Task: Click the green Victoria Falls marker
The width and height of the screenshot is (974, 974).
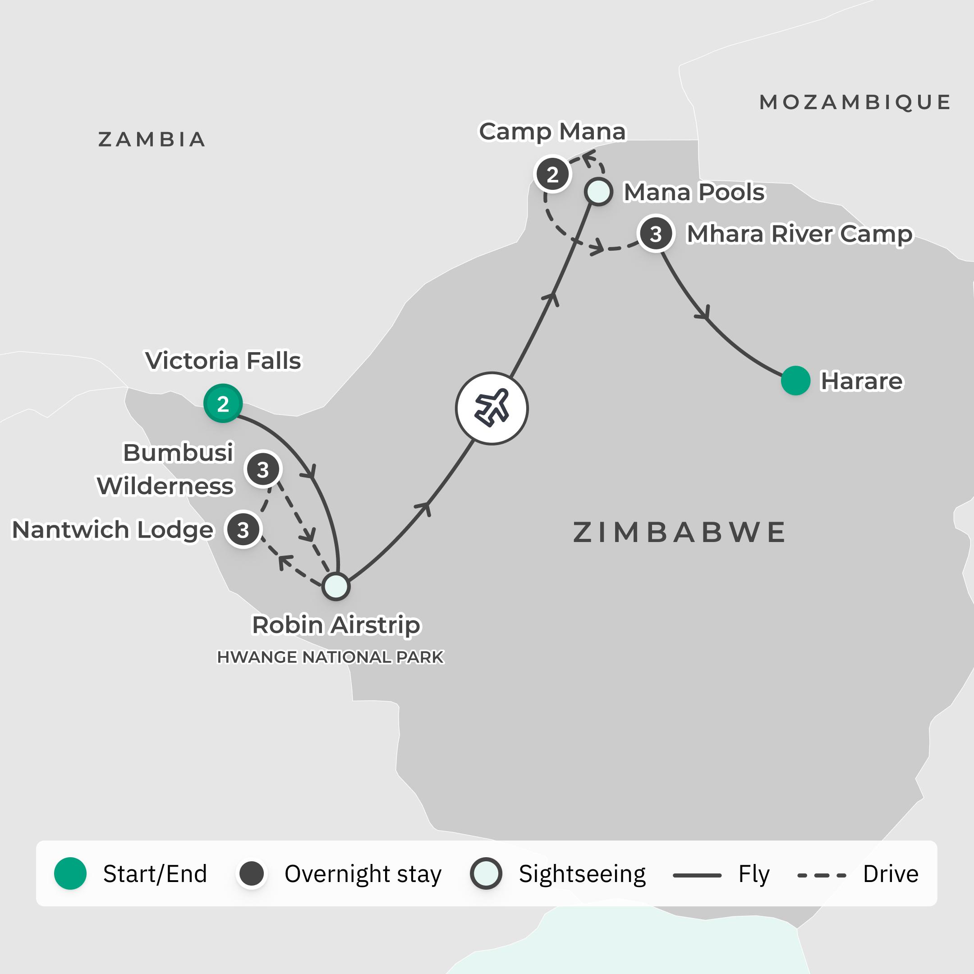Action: point(223,403)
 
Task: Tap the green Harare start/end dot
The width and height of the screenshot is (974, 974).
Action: point(795,381)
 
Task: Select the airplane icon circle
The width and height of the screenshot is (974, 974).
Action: point(492,409)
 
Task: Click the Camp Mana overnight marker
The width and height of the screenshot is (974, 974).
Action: point(552,175)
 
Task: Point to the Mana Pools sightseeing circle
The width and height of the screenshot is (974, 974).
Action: point(598,192)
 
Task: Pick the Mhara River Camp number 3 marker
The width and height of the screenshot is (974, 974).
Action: point(655,234)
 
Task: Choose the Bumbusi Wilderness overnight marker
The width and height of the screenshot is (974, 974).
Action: point(262,469)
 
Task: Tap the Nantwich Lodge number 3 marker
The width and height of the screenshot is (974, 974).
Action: point(243,530)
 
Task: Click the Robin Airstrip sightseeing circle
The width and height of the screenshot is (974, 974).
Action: point(336,586)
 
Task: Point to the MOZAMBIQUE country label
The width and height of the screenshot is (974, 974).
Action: point(855,102)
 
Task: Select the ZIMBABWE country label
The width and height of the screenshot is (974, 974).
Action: point(680,533)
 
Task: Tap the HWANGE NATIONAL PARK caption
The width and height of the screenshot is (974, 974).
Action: point(330,657)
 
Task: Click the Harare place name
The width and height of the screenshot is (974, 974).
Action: point(862,381)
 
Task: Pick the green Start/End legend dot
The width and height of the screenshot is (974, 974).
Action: point(71,873)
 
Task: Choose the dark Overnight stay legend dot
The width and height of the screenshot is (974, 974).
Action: point(252,873)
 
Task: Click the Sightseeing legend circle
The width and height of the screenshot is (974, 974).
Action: point(486,873)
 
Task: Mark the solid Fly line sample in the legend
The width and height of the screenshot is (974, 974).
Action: point(697,875)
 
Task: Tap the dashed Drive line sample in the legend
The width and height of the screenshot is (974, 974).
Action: point(821,875)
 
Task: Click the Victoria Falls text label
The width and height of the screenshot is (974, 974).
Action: point(223,361)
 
